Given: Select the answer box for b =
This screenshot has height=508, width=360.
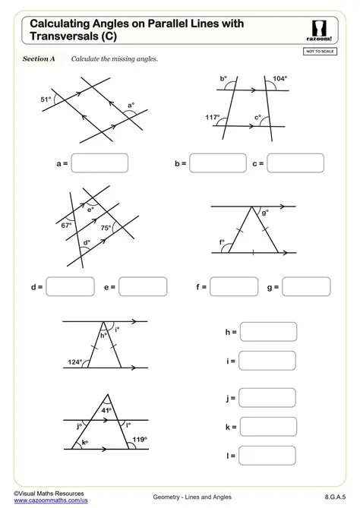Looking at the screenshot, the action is click(x=213, y=163).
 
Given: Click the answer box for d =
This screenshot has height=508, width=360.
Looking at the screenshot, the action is click(x=71, y=288).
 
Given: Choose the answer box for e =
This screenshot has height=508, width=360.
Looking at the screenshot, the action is click(x=143, y=288).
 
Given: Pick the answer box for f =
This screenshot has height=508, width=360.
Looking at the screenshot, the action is click(x=235, y=287).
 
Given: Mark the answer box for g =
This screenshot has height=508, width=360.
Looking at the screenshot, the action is click(x=307, y=287).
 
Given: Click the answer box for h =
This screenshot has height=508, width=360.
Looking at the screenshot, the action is click(x=267, y=333).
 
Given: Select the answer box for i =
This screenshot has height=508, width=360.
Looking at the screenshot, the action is click(x=267, y=361).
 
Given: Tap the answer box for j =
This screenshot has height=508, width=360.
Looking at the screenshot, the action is click(x=267, y=398).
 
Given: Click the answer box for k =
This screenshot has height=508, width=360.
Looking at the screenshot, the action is click(x=267, y=427).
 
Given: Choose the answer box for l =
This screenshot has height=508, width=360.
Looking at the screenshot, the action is click(x=267, y=456).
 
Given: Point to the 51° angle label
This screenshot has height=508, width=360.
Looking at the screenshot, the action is click(x=46, y=99).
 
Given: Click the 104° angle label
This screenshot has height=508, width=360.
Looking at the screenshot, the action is click(x=279, y=79).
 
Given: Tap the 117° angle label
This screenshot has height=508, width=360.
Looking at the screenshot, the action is click(x=213, y=117).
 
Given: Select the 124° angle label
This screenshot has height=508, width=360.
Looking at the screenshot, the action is click(x=74, y=362).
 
